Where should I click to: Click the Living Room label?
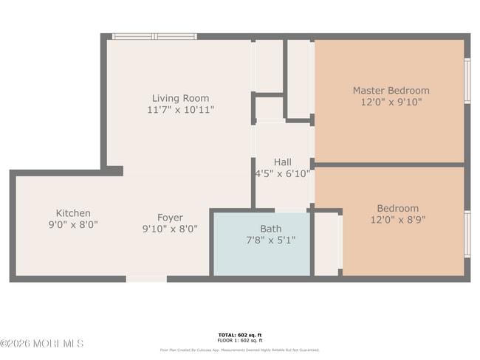pyautogui.click(x=180, y=98)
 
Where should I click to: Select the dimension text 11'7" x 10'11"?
pyautogui.click(x=180, y=110)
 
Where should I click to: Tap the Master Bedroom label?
pyautogui.click(x=391, y=91)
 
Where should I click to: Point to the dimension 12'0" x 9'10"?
pyautogui.click(x=391, y=103)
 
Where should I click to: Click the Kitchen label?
pyautogui.click(x=73, y=213)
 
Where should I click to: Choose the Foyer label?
pyautogui.click(x=170, y=218)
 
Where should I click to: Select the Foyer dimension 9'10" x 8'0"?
pyautogui.click(x=170, y=229)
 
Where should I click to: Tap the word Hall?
pyautogui.click(x=282, y=162)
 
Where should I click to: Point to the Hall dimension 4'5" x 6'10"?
pyautogui.click(x=282, y=174)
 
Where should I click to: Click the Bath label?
pyautogui.click(x=270, y=229)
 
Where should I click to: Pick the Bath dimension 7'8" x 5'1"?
pyautogui.click(x=270, y=240)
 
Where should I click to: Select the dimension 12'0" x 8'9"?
pyautogui.click(x=397, y=220)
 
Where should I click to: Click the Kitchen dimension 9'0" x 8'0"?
pyautogui.click(x=73, y=225)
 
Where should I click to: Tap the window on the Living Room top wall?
pyautogui.click(x=154, y=36)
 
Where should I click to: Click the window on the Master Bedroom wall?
pyautogui.click(x=467, y=80)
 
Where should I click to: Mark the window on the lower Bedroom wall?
pyautogui.click(x=467, y=234)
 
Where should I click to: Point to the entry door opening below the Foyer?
pyautogui.click(x=146, y=279)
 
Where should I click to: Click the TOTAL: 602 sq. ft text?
pyautogui.click(x=239, y=336)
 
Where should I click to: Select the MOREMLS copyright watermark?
pyautogui.click(x=42, y=344)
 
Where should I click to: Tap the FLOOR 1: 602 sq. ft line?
pyautogui.click(x=239, y=341)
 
